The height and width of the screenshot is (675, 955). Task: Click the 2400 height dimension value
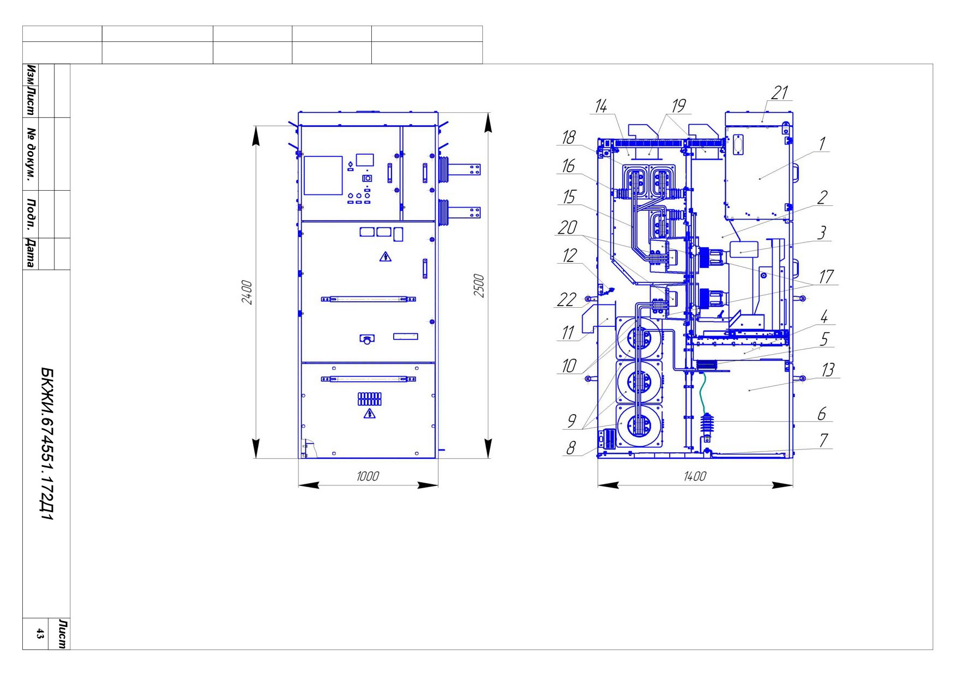[247, 292]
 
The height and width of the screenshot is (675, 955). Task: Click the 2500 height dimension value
[479, 285]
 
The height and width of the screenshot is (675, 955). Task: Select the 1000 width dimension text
[368, 476]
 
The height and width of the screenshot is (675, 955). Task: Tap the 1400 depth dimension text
[695, 476]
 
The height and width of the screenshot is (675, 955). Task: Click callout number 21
[780, 93]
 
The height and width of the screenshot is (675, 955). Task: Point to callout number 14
[601, 106]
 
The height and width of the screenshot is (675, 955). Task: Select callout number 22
[567, 299]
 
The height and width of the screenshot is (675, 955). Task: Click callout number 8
[571, 448]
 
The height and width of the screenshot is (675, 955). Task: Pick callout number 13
[828, 370]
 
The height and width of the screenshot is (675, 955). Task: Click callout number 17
[827, 277]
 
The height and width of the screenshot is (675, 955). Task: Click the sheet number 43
[40, 634]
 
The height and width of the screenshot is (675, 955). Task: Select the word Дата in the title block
[30, 253]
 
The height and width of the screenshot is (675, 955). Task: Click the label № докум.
[30, 154]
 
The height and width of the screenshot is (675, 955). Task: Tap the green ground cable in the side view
[702, 393]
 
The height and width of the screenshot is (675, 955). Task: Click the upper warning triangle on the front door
[385, 257]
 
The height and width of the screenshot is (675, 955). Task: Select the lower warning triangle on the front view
[369, 413]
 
